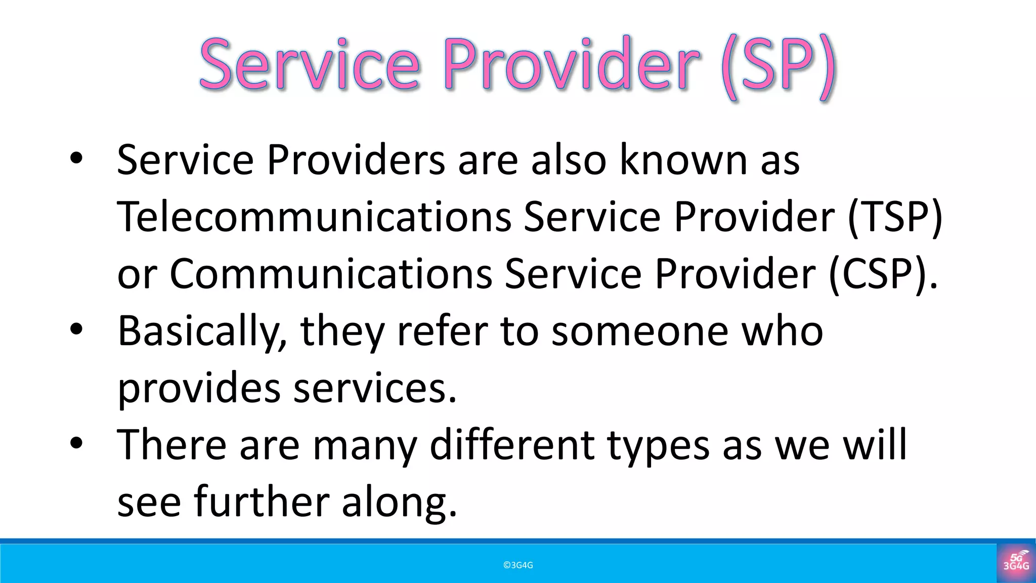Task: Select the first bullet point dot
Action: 76,159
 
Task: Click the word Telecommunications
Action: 314,217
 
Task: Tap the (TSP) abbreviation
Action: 894,217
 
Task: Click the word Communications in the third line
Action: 331,274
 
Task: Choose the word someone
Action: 639,331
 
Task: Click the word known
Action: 683,160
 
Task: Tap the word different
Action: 512,445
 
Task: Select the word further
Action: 261,502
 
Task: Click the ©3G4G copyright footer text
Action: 518,565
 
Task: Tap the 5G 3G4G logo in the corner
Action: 1016,562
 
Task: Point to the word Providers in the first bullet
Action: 356,160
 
